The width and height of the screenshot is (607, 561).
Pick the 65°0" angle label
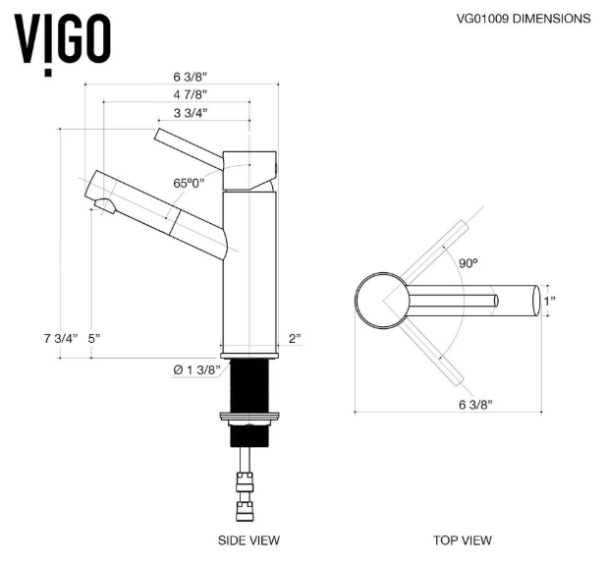191,184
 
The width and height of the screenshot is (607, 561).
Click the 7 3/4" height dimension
59,338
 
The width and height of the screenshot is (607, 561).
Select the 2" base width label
295,338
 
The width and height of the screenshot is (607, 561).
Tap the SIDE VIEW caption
248,539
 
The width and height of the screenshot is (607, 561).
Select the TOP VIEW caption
463,539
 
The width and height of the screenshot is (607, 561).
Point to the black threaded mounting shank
247,387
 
